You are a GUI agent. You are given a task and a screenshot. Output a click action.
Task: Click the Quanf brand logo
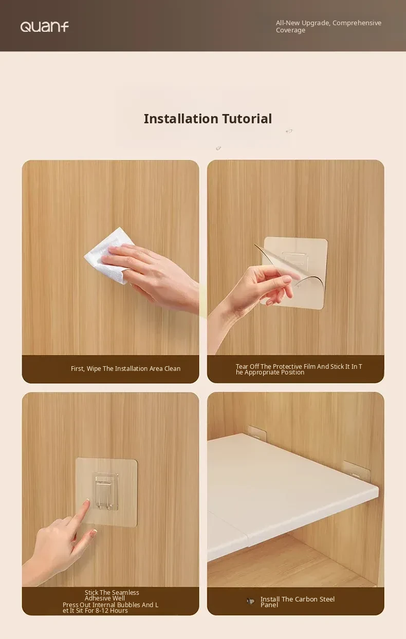45,27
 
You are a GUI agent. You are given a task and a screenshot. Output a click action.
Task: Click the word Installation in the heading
181,119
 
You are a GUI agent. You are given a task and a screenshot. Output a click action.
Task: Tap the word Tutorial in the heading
247,119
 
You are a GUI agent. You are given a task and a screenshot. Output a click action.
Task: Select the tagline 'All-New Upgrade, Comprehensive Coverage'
328,27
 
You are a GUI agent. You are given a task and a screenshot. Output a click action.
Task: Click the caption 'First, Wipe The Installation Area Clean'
125,369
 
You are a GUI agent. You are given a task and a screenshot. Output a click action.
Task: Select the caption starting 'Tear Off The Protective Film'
299,369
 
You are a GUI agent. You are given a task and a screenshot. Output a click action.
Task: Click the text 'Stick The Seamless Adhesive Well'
112,595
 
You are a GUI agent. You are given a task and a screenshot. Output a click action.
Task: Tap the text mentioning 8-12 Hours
110,608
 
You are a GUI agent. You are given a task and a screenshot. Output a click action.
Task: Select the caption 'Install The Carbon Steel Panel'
297,602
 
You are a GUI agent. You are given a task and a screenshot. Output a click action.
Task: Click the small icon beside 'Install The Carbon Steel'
250,602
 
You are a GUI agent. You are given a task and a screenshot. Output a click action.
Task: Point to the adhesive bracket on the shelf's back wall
257,432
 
